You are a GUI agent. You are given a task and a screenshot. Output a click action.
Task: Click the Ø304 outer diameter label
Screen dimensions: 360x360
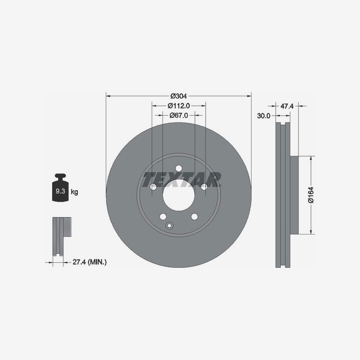click(179, 96)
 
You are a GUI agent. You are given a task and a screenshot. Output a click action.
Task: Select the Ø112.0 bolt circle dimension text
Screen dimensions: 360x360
click(179, 106)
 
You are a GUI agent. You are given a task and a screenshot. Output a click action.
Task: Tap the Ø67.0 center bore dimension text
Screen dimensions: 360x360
click(179, 116)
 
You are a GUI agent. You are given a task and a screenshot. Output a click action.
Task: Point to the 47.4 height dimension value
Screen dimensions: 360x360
click(287, 106)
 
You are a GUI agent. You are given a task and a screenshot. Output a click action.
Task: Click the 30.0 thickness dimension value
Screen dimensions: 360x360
click(263, 116)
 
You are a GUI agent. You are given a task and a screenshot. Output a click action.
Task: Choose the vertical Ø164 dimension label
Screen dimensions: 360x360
click(310, 194)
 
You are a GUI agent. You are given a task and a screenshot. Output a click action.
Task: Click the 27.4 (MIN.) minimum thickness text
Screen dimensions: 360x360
click(89, 261)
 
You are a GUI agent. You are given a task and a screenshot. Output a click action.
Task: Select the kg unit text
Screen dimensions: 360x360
click(74, 192)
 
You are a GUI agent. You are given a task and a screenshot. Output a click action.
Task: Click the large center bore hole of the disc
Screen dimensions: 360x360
click(179, 194)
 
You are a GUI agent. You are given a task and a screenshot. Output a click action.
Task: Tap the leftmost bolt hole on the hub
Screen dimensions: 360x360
click(153, 186)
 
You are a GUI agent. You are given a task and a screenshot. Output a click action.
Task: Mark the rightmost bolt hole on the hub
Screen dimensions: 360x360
click(204, 186)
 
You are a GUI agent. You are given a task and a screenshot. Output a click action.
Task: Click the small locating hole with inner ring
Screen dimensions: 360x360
click(170, 226)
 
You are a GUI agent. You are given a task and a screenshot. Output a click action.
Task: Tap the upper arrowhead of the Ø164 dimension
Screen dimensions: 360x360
click(311, 158)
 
